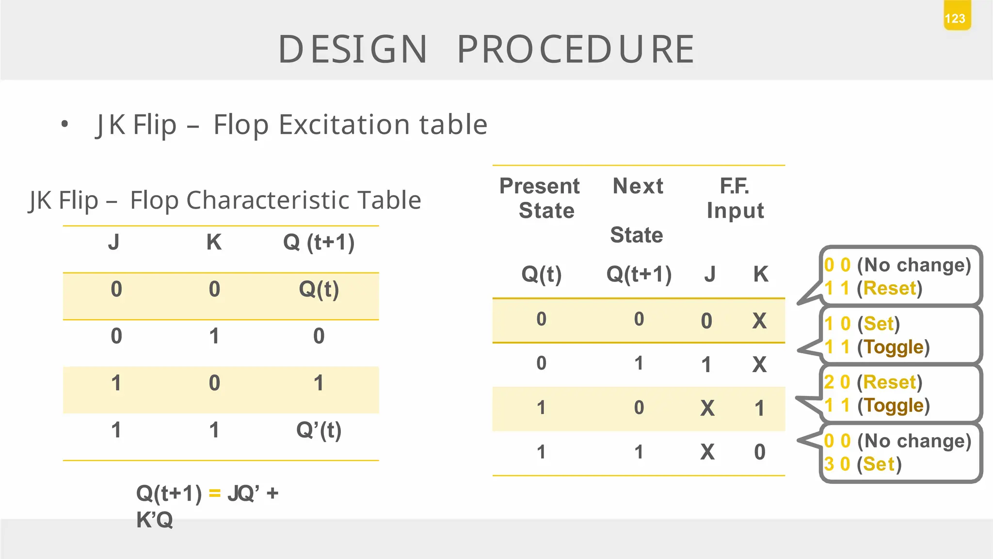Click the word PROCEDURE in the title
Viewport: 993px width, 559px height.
coord(576,49)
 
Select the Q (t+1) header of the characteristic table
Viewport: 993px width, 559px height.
coord(319,242)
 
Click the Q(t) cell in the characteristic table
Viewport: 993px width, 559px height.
coord(319,290)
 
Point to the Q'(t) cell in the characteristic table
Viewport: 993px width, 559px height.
coord(319,430)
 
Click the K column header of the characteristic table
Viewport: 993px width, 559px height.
coord(214,242)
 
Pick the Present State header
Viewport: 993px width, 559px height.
coord(540,198)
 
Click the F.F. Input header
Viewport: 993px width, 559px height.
coord(735,198)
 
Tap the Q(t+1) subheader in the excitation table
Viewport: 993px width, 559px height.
coord(639,274)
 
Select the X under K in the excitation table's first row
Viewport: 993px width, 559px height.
coord(759,321)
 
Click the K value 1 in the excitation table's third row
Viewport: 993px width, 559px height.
coord(759,409)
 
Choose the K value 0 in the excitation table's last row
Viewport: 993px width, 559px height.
coord(759,452)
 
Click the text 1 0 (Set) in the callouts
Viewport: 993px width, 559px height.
coord(862,324)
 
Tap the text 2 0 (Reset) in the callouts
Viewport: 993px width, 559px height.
coord(873,382)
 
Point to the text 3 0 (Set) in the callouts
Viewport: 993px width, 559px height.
coord(863,464)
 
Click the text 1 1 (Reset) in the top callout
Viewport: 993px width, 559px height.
coord(873,288)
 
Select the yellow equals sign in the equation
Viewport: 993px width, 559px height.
coord(214,493)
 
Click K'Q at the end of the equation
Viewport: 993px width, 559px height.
coord(154,520)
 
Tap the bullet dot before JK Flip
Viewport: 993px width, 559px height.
coord(64,124)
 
